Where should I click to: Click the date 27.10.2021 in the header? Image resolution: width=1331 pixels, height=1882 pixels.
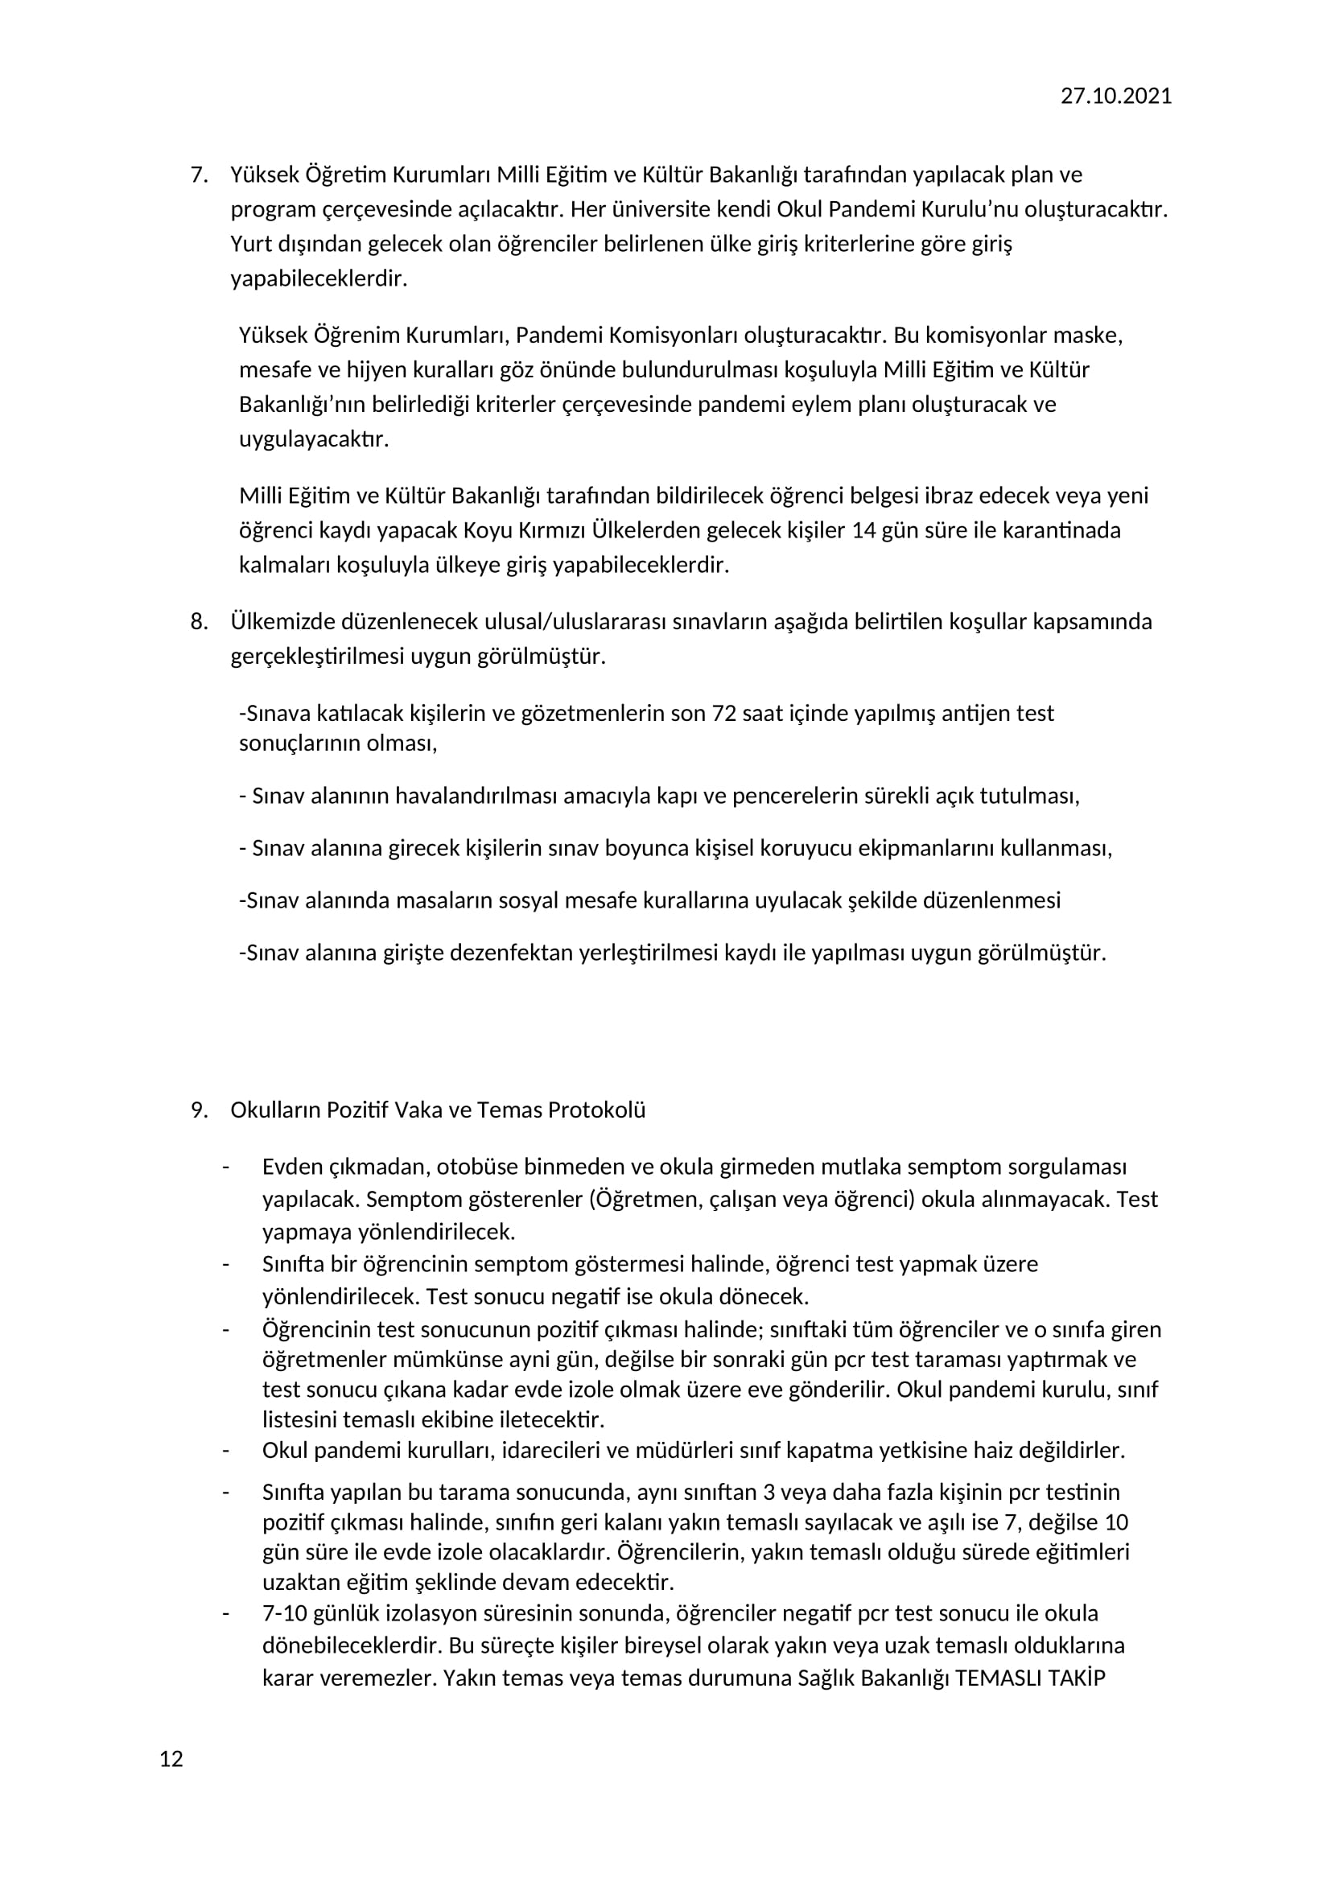(1115, 96)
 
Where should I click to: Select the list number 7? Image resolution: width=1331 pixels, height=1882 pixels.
(199, 175)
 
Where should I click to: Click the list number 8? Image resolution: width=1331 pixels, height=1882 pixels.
(199, 621)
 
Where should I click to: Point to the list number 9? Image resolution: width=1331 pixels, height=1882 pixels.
(199, 1110)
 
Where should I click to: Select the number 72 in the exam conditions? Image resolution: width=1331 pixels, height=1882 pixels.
(724, 713)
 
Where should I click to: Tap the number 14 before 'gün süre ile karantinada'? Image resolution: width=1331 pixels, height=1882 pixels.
(864, 530)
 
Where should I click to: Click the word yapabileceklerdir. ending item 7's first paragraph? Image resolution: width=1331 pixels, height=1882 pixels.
(319, 278)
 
